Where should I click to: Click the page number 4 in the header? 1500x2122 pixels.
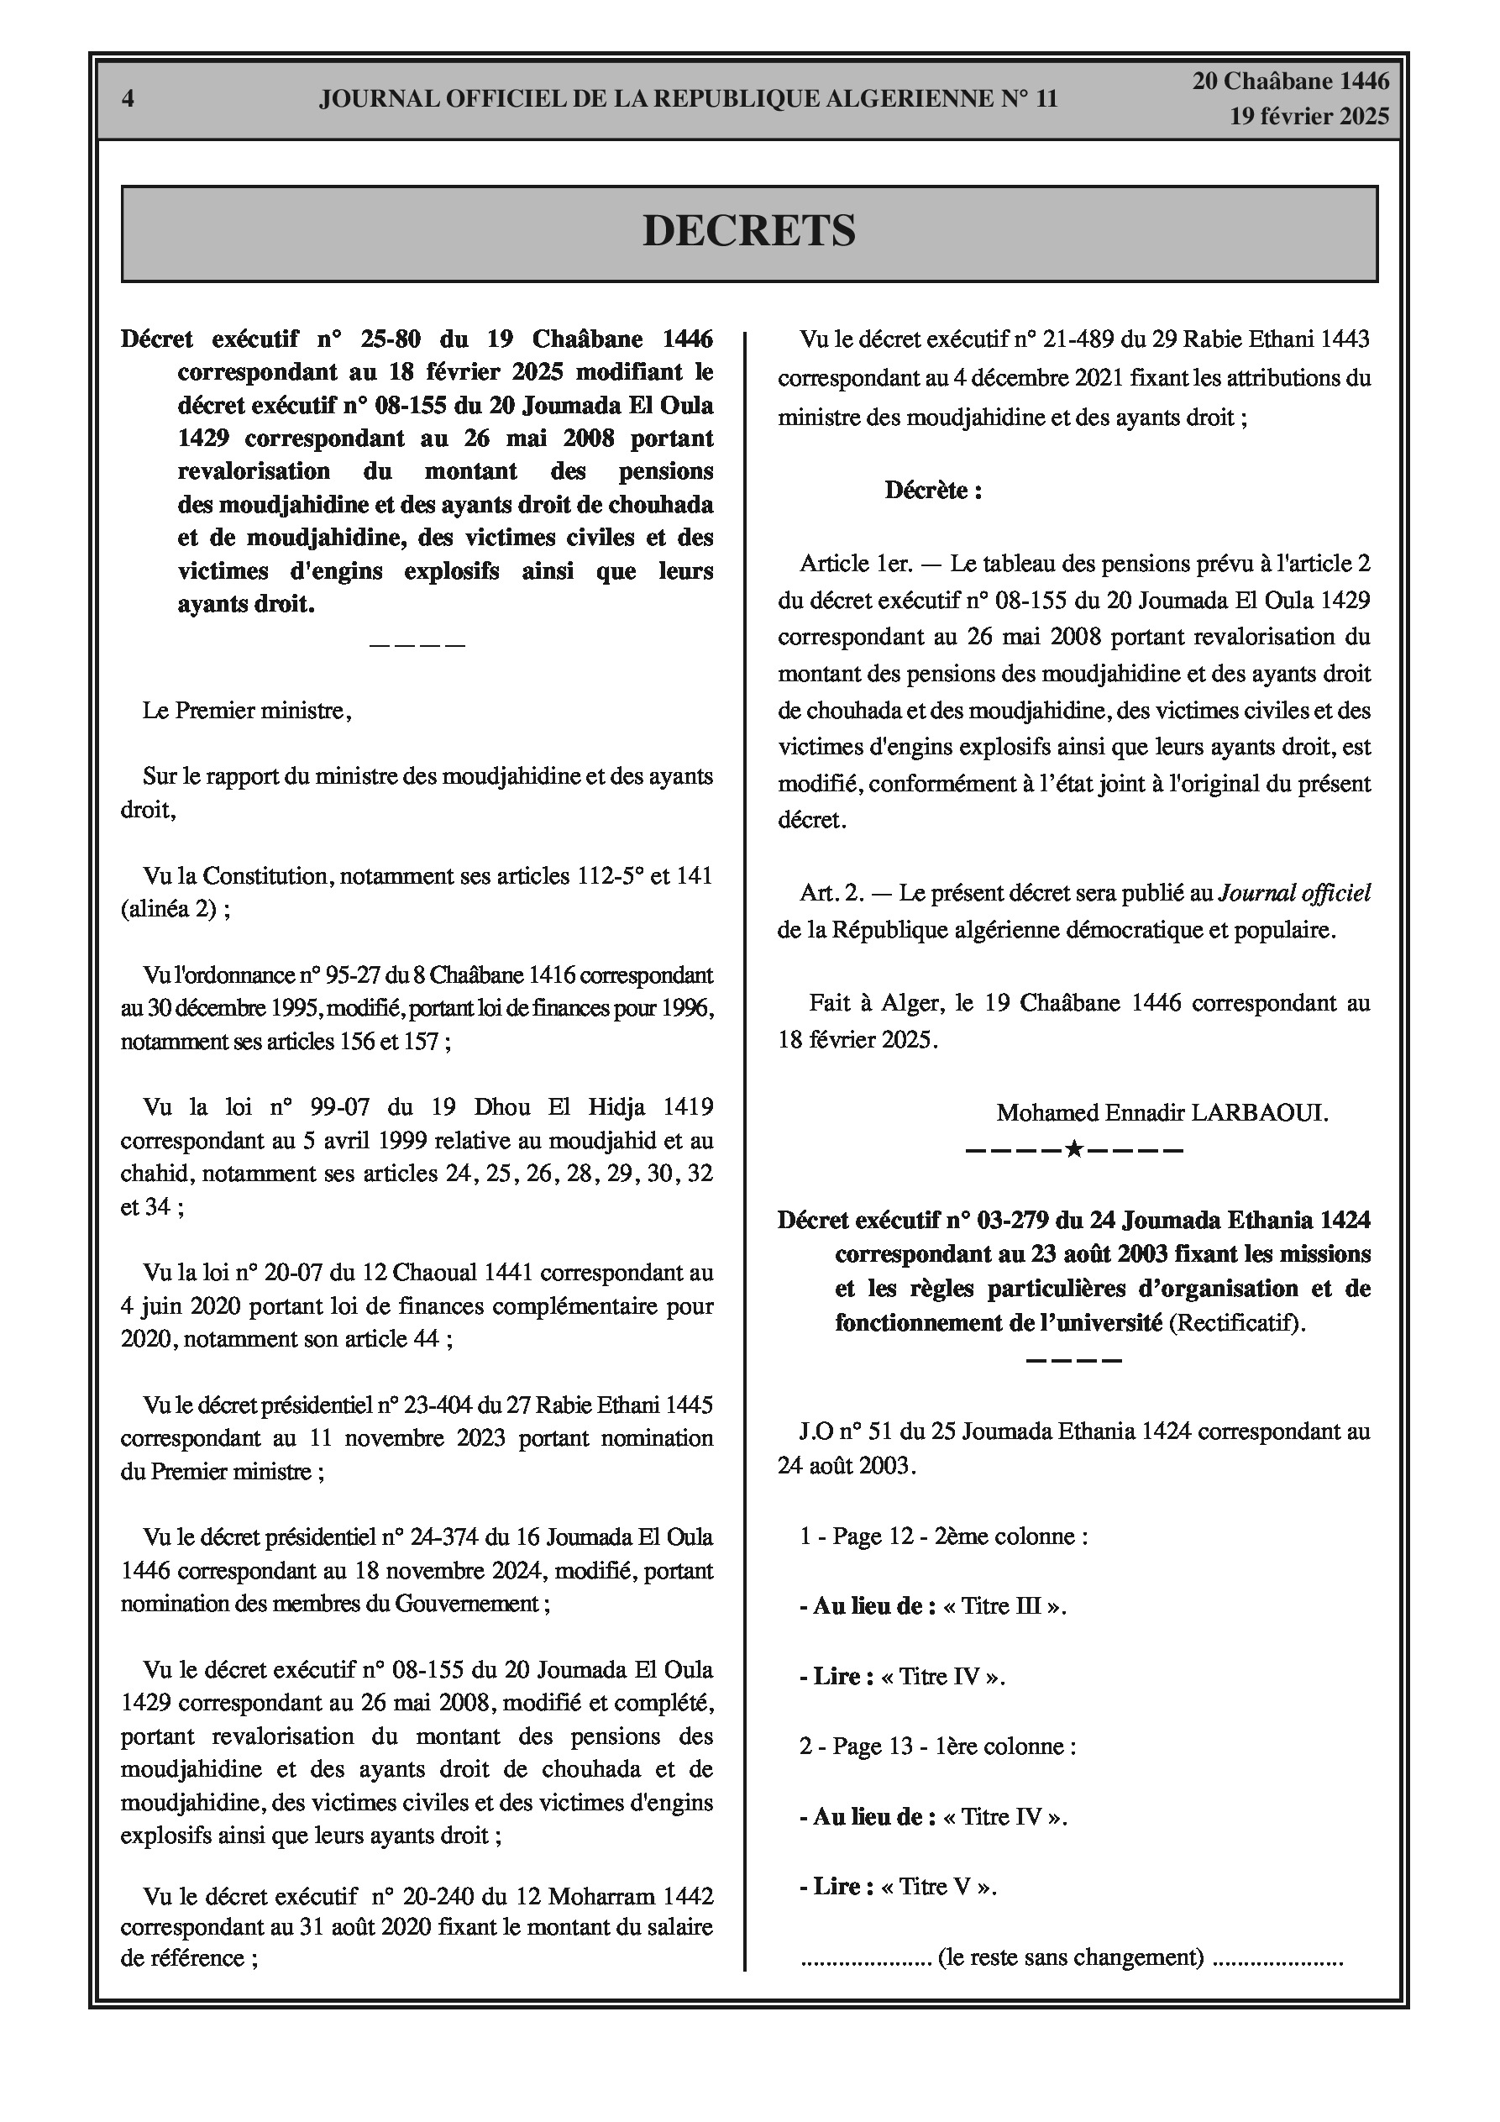click(x=128, y=99)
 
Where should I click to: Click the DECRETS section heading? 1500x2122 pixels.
click(x=748, y=231)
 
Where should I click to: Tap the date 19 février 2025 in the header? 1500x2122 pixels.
click(x=1309, y=117)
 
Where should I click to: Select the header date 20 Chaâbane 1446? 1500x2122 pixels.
click(x=1290, y=82)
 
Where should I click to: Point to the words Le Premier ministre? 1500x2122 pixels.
click(x=243, y=712)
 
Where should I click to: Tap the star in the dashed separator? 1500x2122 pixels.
click(x=1074, y=1151)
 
